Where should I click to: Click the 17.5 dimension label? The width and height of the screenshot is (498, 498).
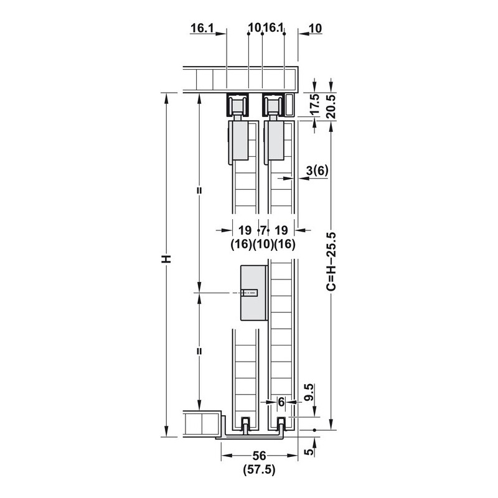314,104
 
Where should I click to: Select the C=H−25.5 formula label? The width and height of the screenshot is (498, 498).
331,261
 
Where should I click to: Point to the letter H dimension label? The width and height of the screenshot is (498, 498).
166,259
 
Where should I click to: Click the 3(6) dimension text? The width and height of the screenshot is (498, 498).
317,171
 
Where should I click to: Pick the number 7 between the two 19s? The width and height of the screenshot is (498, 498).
263,230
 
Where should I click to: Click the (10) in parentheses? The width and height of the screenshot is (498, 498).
263,244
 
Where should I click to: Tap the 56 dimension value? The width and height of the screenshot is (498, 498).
259,456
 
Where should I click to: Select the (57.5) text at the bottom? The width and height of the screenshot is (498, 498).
259,469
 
